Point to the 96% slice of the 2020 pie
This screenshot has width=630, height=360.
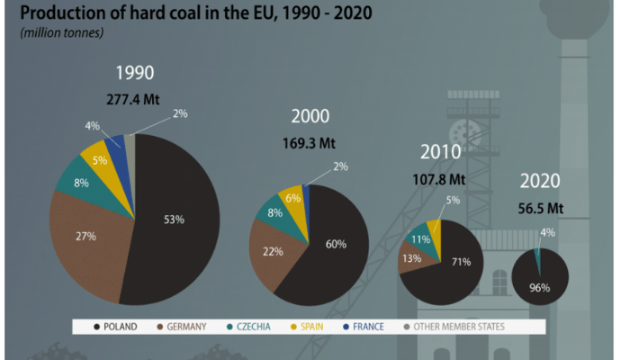coord(540,283)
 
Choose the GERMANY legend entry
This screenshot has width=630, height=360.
coord(183,326)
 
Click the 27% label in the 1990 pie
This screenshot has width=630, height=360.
coord(87,235)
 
